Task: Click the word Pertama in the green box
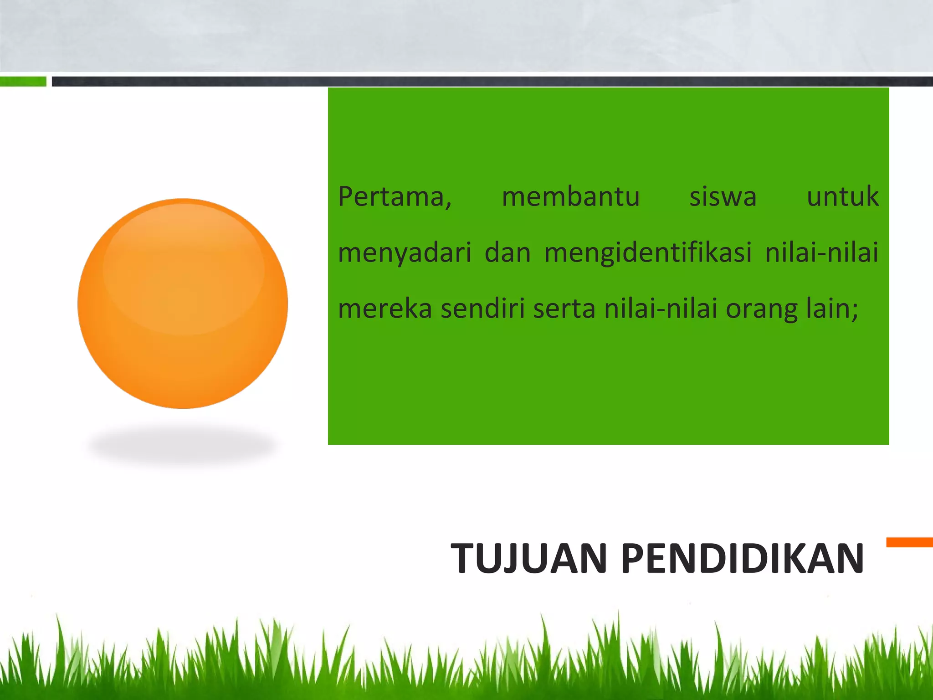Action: [393, 197]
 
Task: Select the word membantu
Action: [570, 197]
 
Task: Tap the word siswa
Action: [723, 197]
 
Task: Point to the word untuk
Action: [842, 197]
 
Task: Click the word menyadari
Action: [405, 253]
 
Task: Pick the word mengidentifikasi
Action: [647, 253]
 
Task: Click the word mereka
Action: [385, 309]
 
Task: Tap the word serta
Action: [564, 309]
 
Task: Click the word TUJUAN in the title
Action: [529, 559]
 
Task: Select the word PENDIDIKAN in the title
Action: [742, 559]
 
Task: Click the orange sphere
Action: [183, 304]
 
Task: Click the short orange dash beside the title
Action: [909, 542]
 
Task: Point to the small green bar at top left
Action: [23, 82]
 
